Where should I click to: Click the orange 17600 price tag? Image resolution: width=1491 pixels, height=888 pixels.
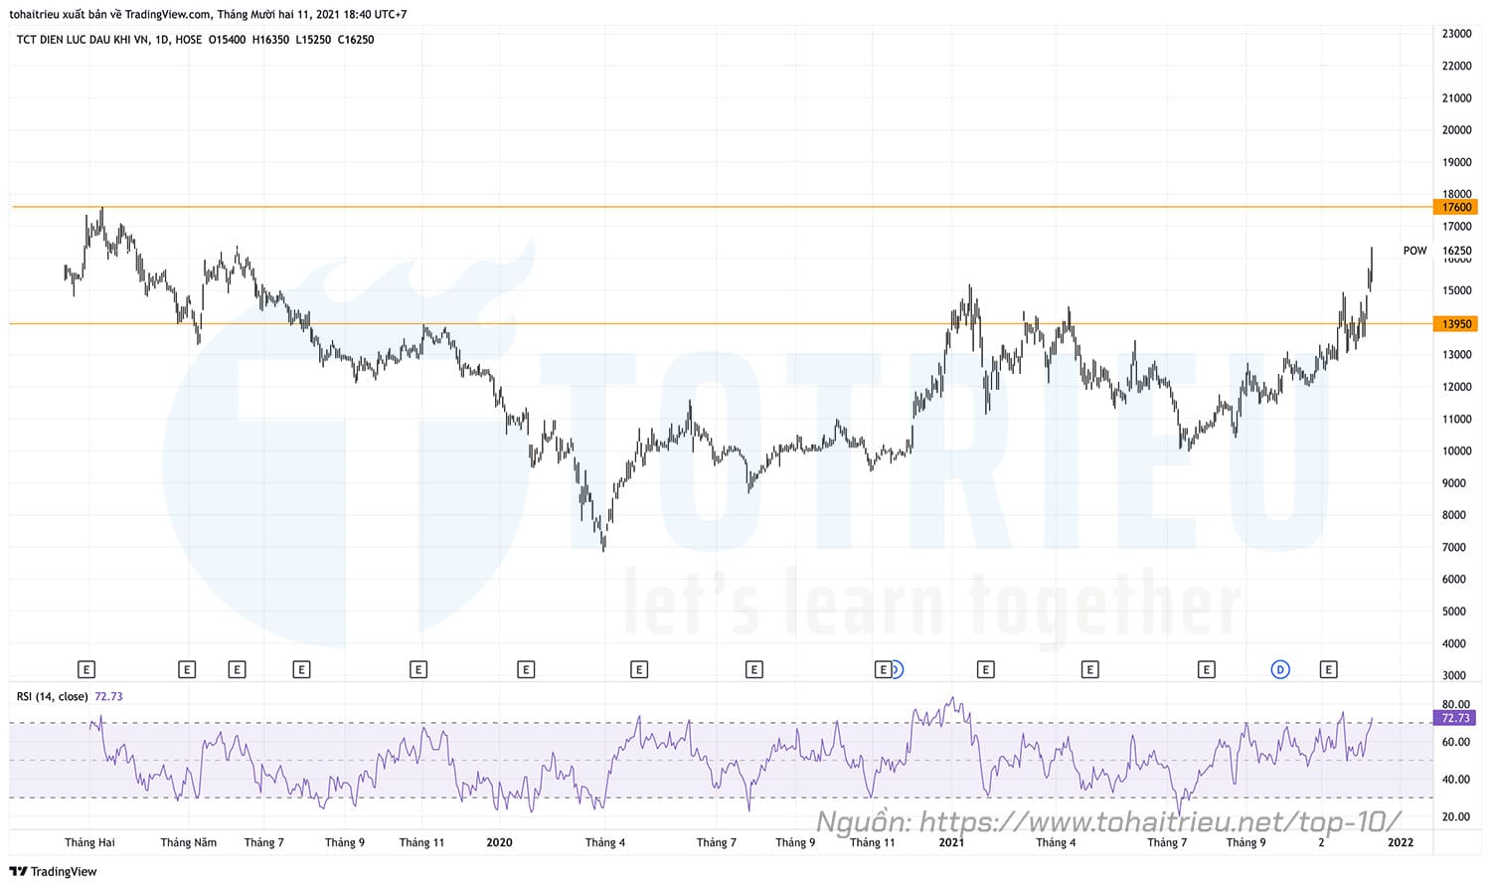(1455, 207)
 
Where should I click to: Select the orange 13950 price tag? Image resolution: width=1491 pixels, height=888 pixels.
(1455, 324)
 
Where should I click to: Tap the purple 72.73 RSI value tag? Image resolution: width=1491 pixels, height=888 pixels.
(1455, 718)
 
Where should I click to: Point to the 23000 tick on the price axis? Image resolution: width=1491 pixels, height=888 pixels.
(1456, 34)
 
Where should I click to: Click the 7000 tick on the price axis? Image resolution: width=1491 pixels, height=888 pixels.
(1453, 547)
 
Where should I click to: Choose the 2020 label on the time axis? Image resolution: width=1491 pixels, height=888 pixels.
(499, 842)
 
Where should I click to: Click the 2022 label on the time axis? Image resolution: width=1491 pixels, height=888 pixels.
(1401, 842)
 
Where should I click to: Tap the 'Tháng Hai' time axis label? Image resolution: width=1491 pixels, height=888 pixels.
(89, 842)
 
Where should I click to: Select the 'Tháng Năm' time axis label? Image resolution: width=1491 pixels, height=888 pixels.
(189, 842)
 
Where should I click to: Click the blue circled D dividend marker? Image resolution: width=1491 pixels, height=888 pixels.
(1280, 669)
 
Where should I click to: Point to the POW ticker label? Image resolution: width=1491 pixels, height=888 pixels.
(1414, 251)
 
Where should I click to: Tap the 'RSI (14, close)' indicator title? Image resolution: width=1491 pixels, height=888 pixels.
(53, 696)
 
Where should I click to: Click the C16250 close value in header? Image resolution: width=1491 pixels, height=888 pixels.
(356, 40)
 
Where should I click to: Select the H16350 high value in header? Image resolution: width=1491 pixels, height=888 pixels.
(270, 40)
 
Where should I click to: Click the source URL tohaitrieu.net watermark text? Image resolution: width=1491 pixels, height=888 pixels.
(1108, 821)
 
